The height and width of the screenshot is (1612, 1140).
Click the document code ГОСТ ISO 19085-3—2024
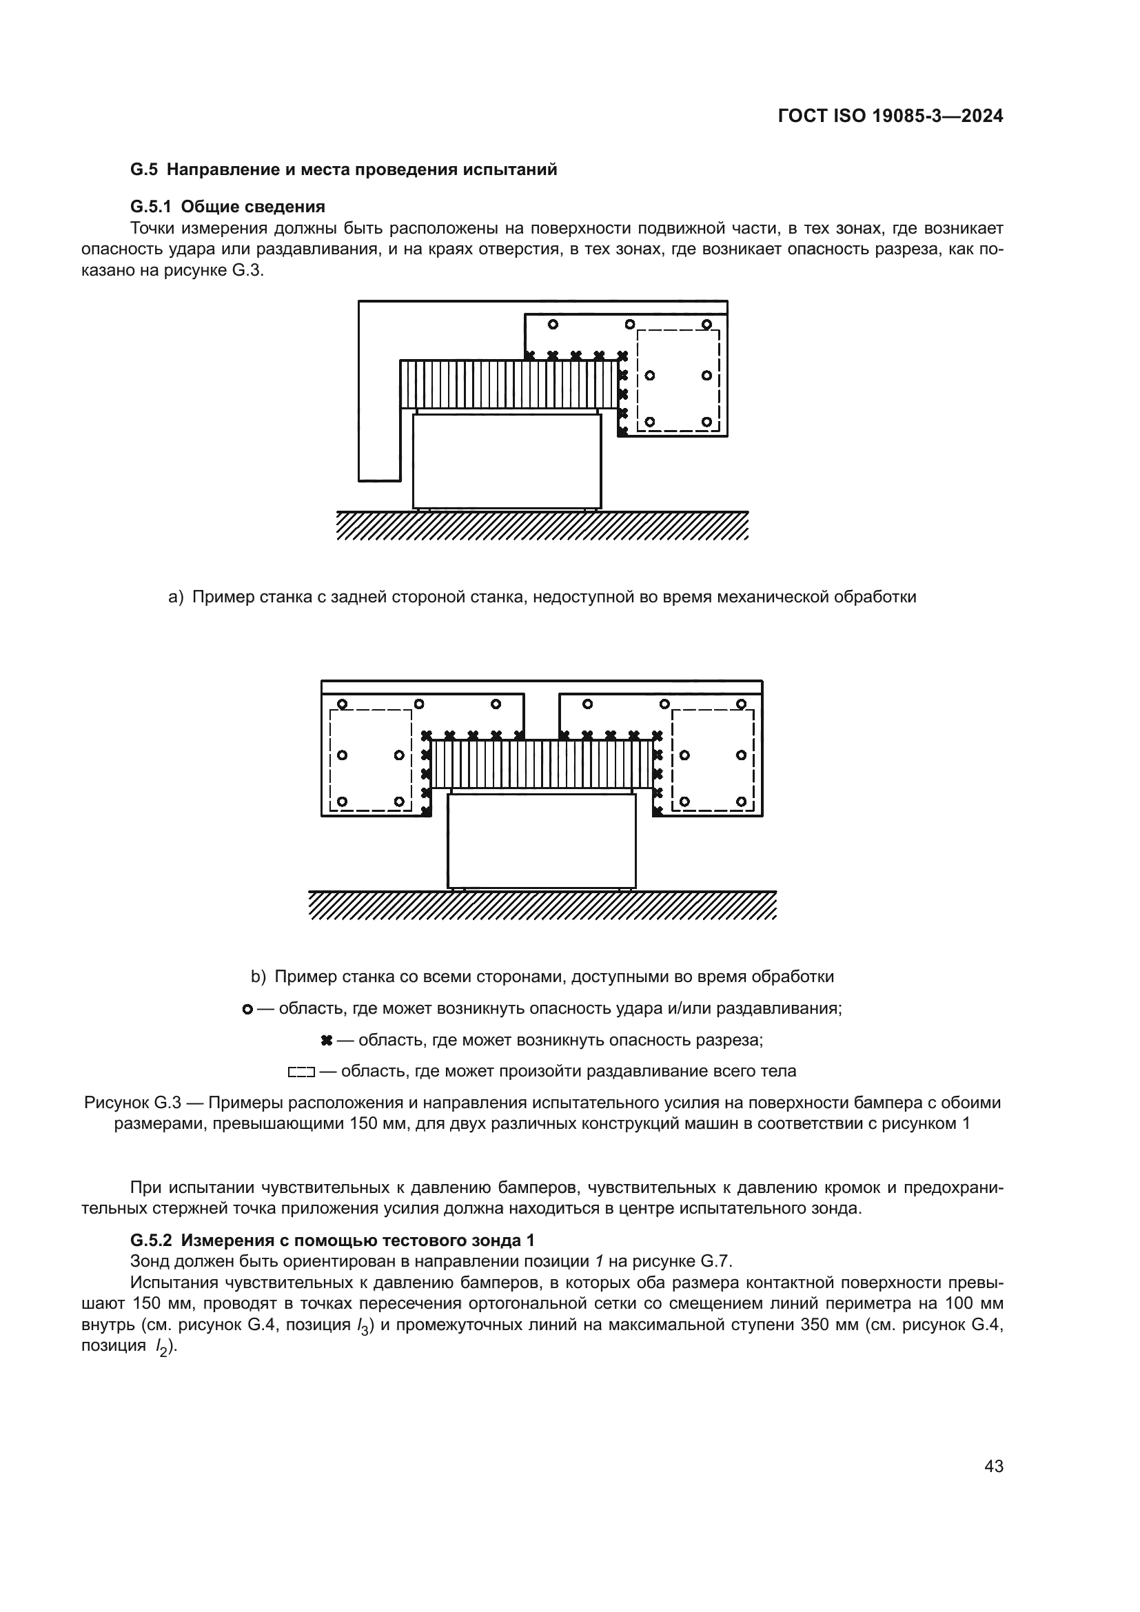(x=890, y=116)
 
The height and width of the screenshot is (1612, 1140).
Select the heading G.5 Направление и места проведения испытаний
(x=344, y=170)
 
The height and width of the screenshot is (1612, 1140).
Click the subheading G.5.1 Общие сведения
(x=227, y=207)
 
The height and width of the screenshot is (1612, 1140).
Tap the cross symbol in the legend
(x=326, y=1041)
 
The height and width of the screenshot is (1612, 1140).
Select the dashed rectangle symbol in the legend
(x=301, y=1072)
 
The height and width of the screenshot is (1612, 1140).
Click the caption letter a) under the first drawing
(x=176, y=598)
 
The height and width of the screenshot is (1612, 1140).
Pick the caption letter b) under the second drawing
(x=258, y=977)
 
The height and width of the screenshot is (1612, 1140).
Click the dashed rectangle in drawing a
(x=678, y=380)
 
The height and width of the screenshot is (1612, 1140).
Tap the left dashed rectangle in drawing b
(x=371, y=760)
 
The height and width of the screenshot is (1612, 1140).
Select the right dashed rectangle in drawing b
(x=713, y=760)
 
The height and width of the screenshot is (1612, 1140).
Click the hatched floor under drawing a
(x=542, y=526)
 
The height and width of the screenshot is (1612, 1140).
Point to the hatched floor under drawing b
(x=542, y=906)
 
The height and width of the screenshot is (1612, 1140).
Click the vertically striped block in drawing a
(x=509, y=384)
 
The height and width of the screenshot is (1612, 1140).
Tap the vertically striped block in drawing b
(x=541, y=764)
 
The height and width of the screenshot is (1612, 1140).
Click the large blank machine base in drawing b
(x=541, y=841)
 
